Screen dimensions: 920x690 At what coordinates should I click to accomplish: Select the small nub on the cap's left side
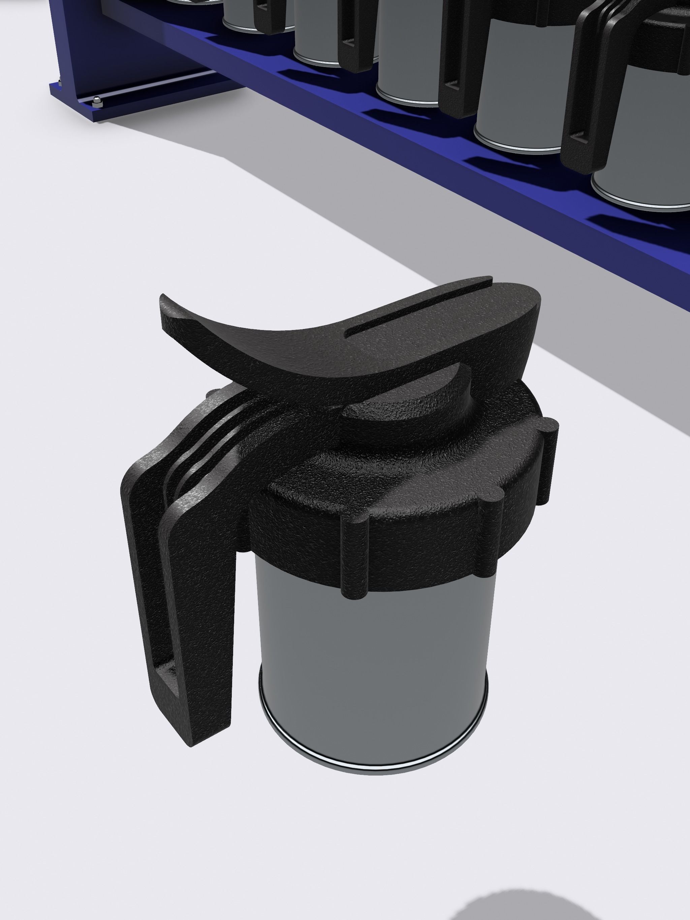pos(213,393)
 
